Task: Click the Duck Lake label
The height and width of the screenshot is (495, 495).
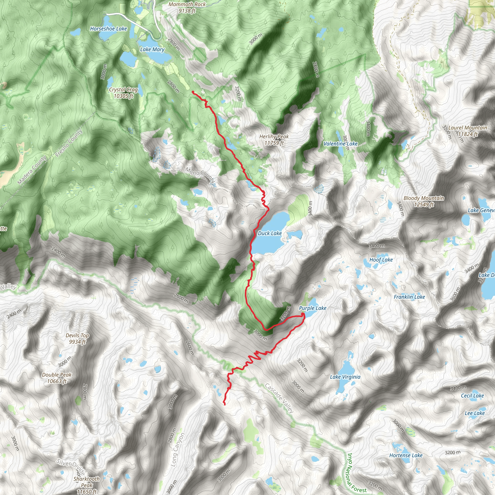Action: [x=269, y=233]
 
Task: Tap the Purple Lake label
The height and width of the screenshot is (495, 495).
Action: [x=313, y=308]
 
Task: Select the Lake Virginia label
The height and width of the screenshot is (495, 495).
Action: [x=345, y=377]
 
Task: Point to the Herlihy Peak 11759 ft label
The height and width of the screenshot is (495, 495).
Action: [x=274, y=140]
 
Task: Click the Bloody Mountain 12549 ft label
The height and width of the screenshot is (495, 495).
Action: [x=424, y=201]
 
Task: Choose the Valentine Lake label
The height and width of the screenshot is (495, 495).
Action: [x=340, y=144]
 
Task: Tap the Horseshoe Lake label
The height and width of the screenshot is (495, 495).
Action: [x=108, y=29]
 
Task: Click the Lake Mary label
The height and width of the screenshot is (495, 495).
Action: [x=152, y=50]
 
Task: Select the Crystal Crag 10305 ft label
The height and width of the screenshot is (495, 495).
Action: [x=124, y=93]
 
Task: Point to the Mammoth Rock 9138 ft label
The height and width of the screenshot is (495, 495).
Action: [x=187, y=7]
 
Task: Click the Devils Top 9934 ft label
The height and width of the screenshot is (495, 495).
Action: [x=77, y=338]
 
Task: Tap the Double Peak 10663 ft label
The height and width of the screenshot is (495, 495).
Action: [x=57, y=378]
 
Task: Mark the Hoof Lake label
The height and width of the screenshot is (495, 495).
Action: [x=381, y=260]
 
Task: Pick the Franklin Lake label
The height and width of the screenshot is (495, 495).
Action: [x=409, y=297]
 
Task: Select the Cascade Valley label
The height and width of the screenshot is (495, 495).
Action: [x=279, y=398]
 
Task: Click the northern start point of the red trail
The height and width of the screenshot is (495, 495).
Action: [x=192, y=92]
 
